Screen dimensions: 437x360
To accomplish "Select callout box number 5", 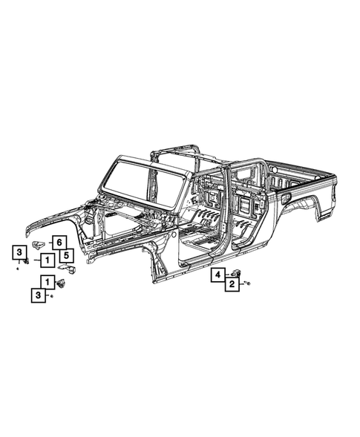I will [67, 256].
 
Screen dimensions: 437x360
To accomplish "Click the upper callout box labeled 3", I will [18, 253].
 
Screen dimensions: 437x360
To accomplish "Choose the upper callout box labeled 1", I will [46, 260].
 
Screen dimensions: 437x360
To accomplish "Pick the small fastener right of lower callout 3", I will [51, 296].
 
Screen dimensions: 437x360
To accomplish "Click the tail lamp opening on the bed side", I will [286, 198].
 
